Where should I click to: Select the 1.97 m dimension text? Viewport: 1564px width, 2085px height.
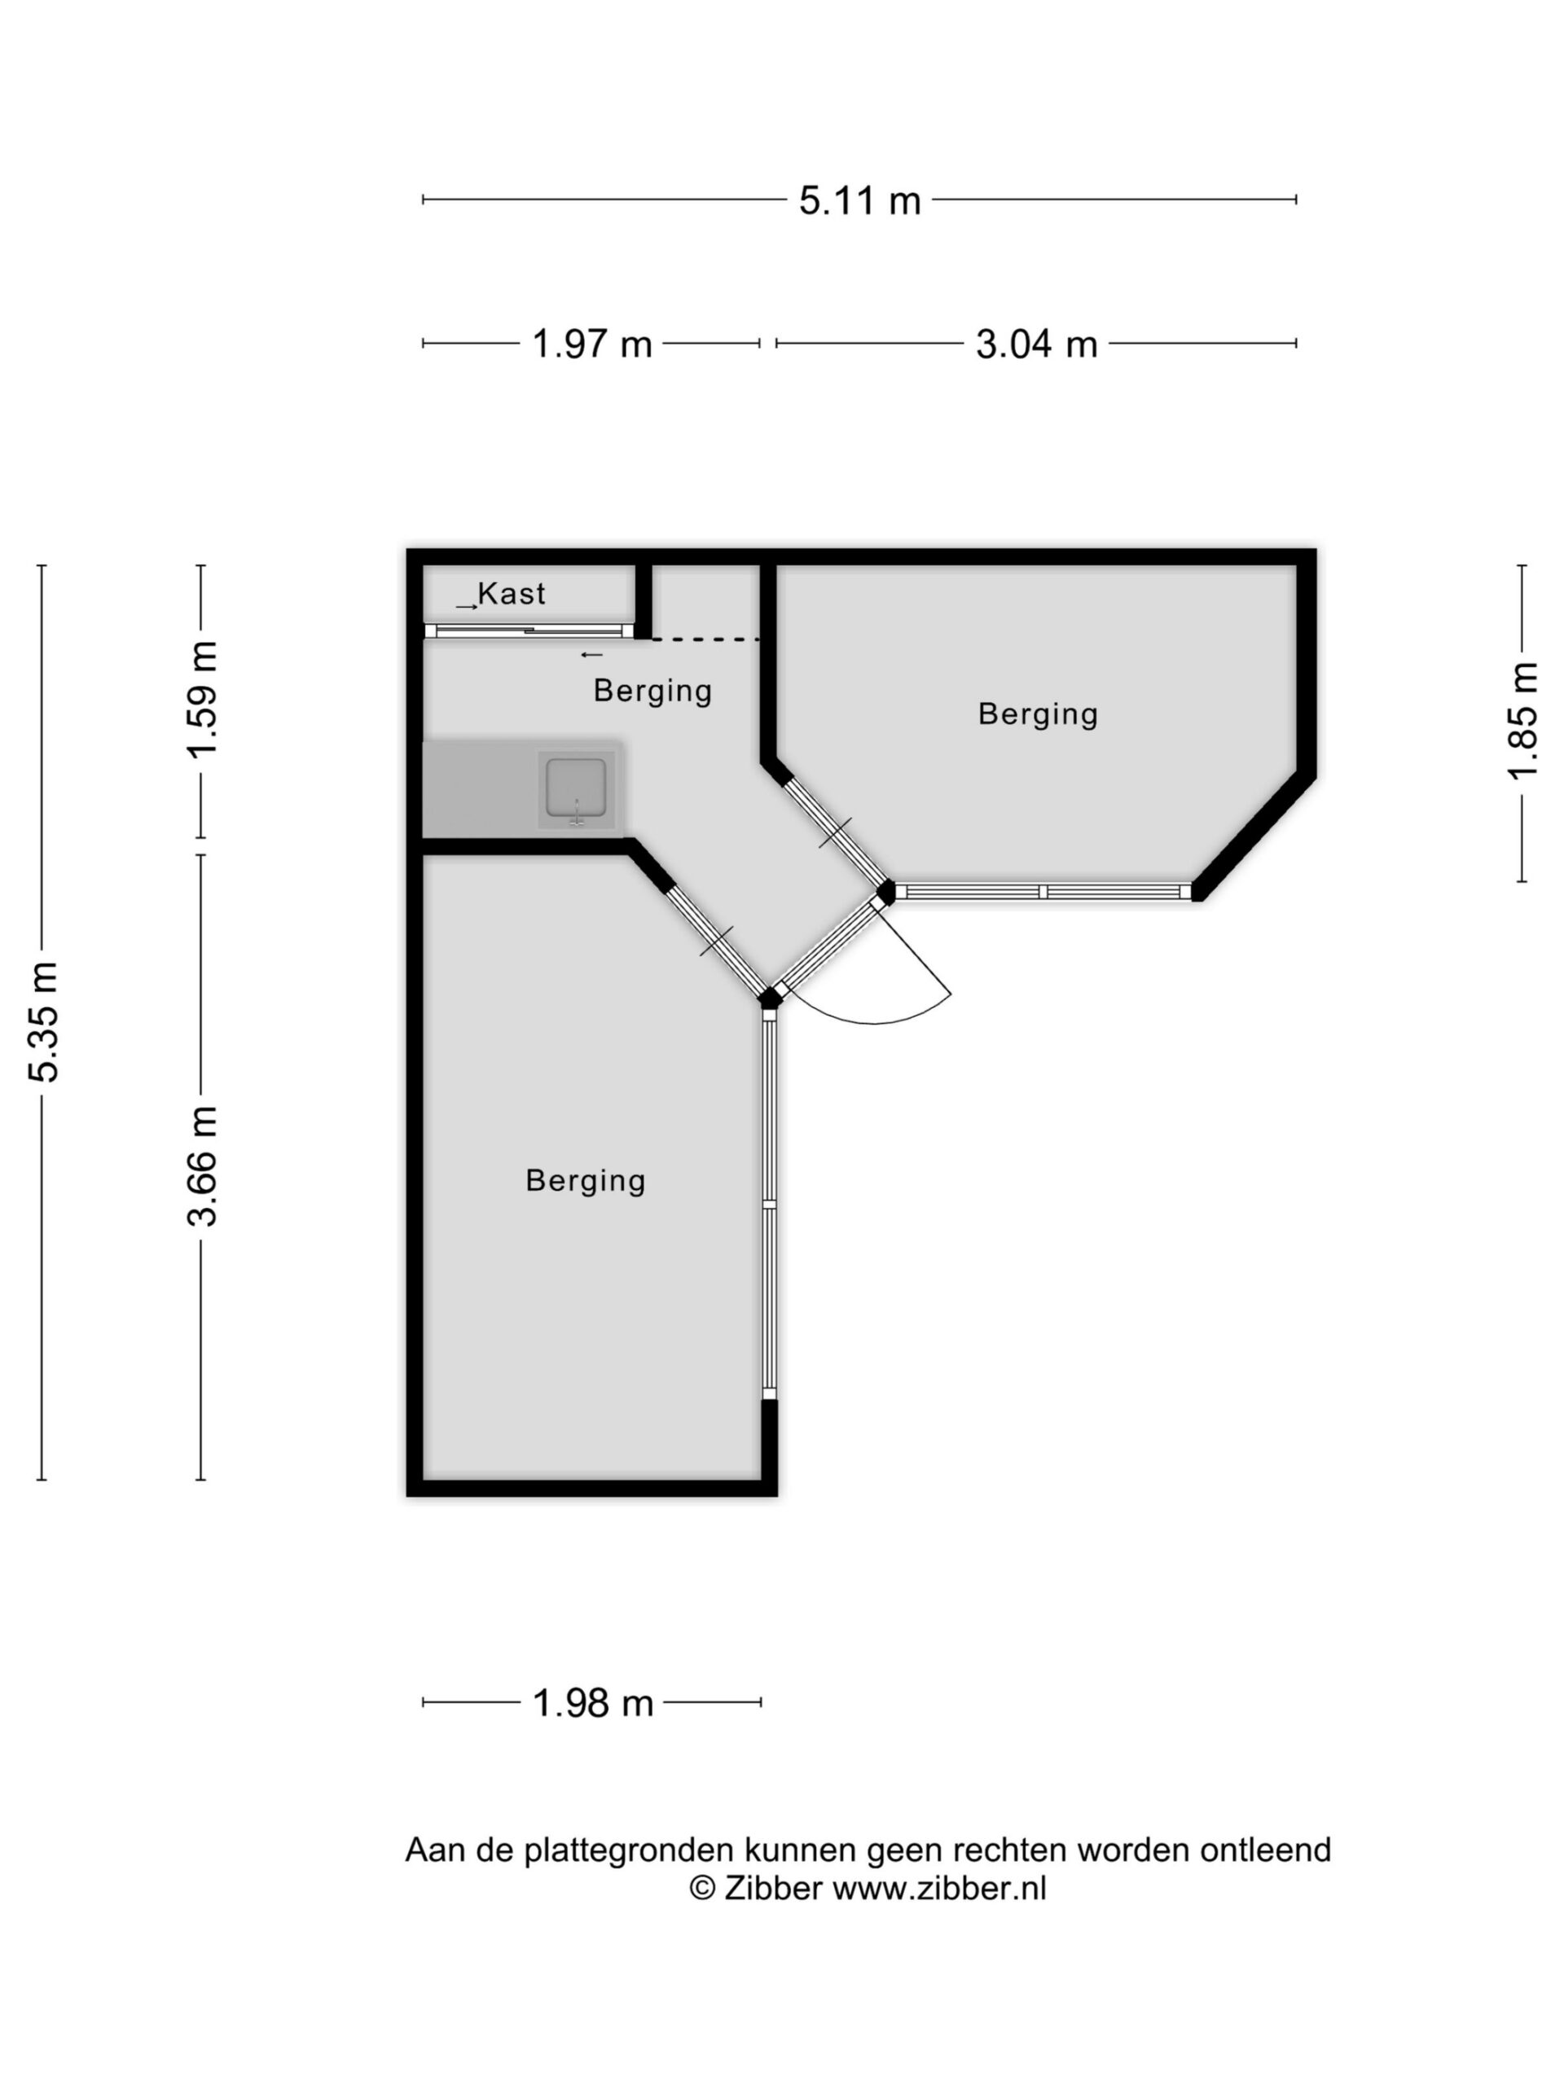[592, 344]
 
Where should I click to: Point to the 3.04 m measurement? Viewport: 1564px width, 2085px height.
[1036, 344]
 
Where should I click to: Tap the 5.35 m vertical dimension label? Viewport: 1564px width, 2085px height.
[44, 1022]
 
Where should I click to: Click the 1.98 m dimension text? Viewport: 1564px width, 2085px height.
[592, 1703]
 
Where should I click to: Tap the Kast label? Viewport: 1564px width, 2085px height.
[512, 594]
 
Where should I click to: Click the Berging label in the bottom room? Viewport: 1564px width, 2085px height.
[586, 1181]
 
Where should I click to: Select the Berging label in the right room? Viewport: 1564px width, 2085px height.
[1038, 714]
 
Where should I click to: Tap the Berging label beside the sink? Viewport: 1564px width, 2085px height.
[652, 691]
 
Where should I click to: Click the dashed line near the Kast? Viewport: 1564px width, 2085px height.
[706, 640]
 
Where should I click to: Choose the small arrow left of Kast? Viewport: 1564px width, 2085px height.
[467, 607]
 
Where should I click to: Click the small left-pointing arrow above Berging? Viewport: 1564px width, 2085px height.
[591, 655]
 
